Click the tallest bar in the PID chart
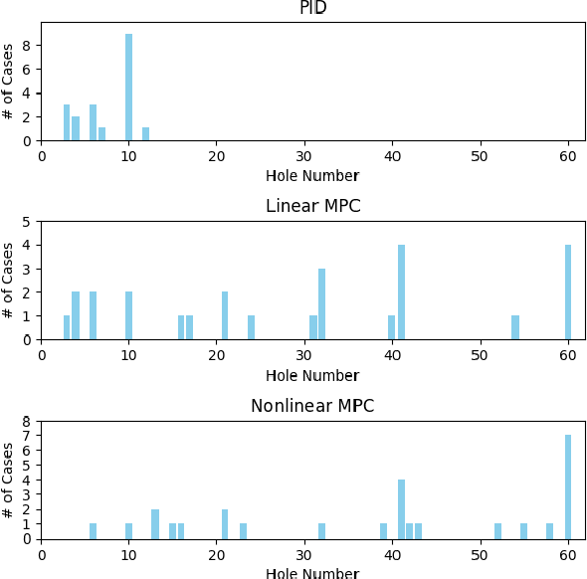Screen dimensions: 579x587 point(128,88)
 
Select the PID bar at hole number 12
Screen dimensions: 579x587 point(146,134)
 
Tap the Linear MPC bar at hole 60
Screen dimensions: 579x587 point(568,292)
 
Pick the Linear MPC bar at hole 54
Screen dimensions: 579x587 point(515,328)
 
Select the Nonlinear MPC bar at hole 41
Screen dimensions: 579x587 point(401,509)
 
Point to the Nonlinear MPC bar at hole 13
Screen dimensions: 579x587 point(155,524)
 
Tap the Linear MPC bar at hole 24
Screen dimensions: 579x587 point(252,328)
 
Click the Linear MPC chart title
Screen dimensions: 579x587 point(312,207)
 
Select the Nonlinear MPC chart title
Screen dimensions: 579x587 point(312,406)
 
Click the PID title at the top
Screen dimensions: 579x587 point(312,8)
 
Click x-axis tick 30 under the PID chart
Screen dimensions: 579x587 point(304,155)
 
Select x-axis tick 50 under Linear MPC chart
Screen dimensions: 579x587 point(480,354)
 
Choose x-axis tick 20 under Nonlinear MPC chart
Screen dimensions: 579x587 point(217,554)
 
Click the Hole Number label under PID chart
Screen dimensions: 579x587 point(312,176)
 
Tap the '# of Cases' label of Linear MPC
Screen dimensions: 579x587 point(9,281)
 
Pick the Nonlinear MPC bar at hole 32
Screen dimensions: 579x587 point(321,532)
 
